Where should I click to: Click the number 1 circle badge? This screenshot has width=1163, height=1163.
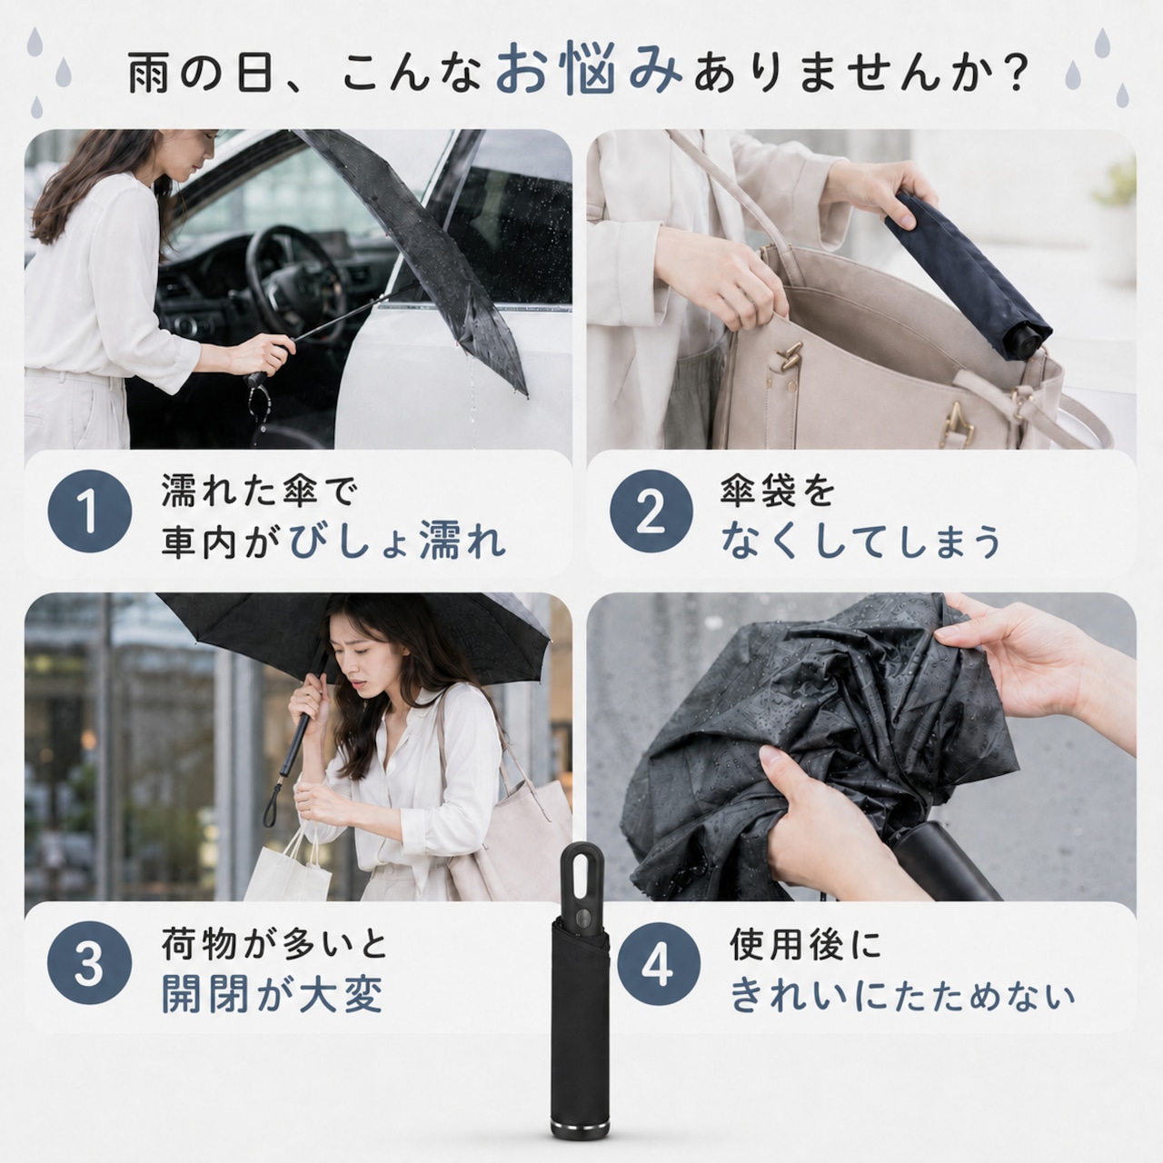click(90, 512)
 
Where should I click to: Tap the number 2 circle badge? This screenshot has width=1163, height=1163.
click(651, 512)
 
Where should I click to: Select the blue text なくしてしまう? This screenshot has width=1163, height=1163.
click(860, 542)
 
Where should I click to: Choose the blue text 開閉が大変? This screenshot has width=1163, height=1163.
click(273, 993)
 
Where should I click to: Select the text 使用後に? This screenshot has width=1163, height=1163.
click(806, 945)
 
